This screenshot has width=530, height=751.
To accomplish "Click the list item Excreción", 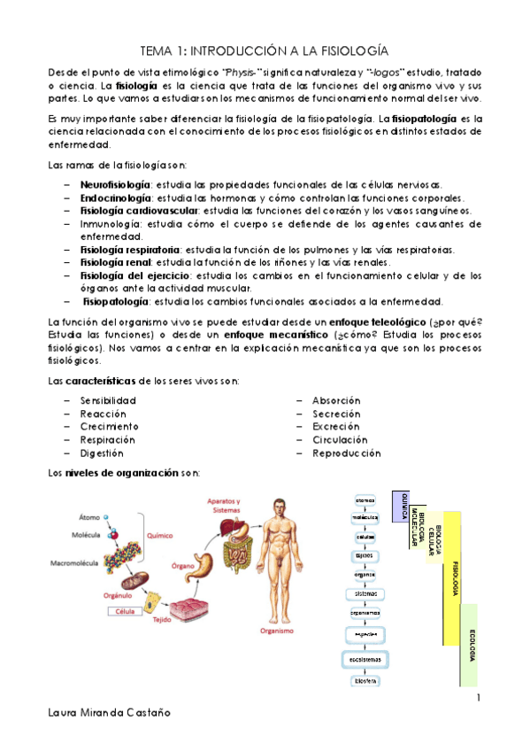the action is (335, 427).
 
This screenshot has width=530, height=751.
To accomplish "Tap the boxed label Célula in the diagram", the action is (125, 611).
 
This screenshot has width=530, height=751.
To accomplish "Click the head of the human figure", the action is (278, 507).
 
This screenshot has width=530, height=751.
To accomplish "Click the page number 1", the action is (477, 700).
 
